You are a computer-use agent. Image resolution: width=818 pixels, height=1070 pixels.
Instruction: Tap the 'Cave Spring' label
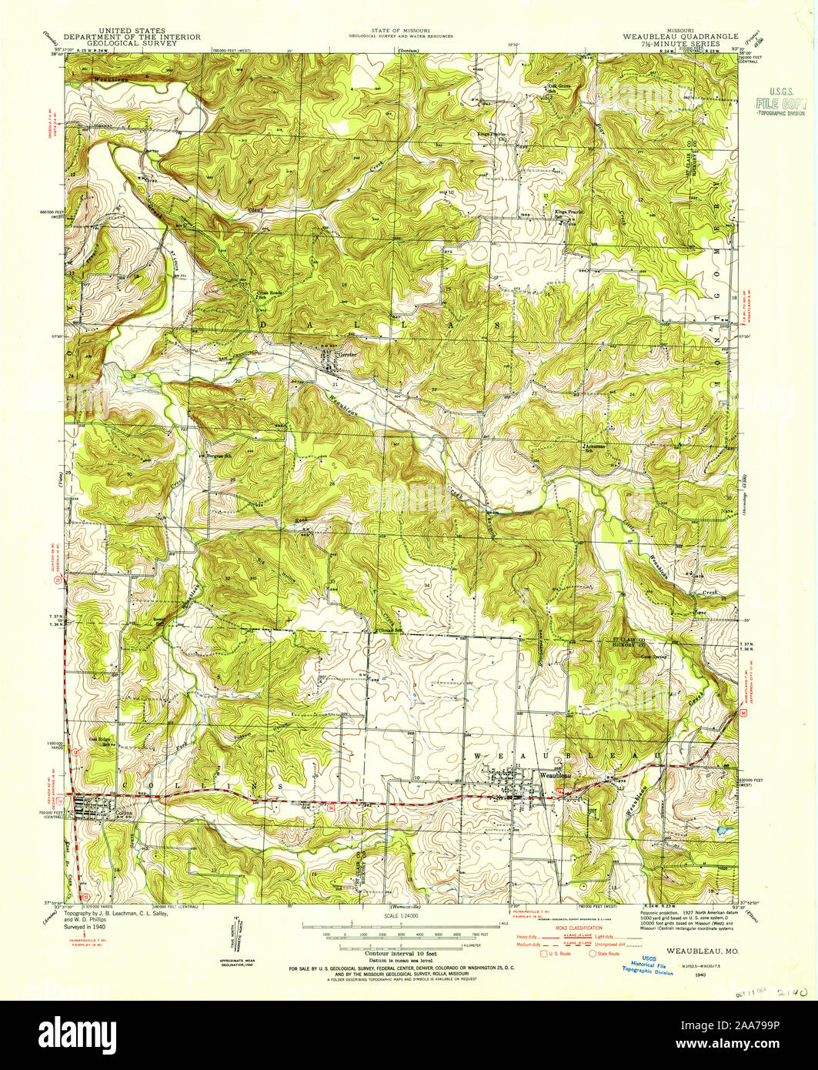pos(653,657)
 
